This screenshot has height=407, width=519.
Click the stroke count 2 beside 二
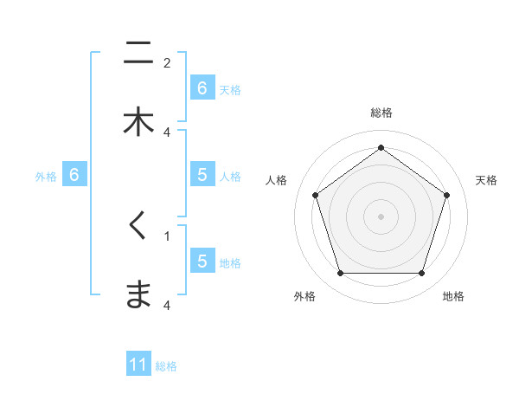[x=167, y=62]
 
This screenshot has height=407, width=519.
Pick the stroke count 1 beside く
[x=167, y=236]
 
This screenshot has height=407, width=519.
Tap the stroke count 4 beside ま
[x=167, y=305]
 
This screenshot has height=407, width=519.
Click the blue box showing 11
[x=138, y=365]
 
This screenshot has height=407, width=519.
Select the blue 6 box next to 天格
[x=202, y=87]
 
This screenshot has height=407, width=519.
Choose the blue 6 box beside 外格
[x=74, y=175]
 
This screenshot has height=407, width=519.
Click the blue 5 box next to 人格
[x=202, y=175]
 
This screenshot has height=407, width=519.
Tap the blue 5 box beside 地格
[x=202, y=261]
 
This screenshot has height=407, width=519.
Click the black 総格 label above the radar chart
[x=381, y=113]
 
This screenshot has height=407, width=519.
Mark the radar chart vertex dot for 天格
[x=446, y=195]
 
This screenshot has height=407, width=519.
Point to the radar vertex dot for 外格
[x=340, y=274]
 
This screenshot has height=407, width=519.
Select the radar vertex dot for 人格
[x=315, y=195]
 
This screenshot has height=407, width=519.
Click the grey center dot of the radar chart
[x=381, y=216]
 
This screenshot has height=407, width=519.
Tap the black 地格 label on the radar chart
[x=453, y=296]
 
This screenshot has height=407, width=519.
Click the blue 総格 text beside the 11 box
[x=166, y=366]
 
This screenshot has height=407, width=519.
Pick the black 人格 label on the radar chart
[x=277, y=180]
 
